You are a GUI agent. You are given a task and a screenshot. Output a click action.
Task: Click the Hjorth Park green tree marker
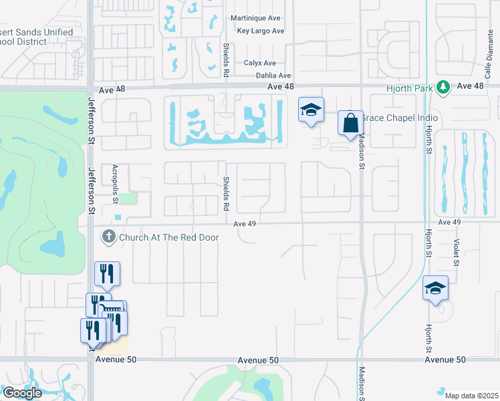442,87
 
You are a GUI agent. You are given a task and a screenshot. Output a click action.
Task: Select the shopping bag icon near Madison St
350,123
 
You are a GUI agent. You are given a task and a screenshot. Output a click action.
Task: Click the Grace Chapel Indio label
400,118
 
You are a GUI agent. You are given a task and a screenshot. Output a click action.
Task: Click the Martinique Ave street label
255,18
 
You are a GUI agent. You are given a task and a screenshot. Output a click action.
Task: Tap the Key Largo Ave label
261,31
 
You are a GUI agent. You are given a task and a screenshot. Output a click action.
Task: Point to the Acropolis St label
115,184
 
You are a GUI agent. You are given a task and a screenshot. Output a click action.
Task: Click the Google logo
21,393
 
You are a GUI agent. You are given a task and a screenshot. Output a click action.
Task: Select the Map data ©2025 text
471,396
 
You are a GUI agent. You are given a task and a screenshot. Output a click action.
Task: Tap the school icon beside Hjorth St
435,288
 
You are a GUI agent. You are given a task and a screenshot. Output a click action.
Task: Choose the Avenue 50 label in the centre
258,360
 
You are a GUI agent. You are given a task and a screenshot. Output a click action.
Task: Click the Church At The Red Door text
169,237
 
